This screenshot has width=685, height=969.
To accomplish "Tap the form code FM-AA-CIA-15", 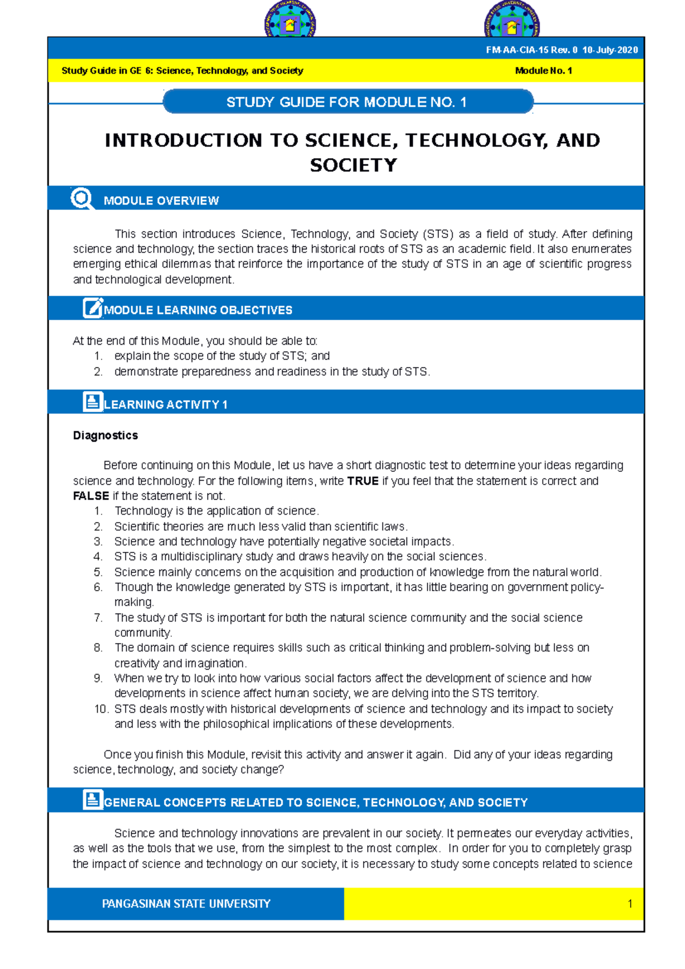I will (x=517, y=50).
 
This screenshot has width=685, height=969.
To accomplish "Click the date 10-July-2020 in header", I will (x=610, y=50).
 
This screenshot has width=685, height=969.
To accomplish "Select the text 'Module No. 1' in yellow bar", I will (x=543, y=71).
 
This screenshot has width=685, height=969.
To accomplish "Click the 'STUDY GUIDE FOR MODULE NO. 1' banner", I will (x=347, y=102).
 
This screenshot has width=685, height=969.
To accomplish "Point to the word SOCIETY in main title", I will (x=353, y=165).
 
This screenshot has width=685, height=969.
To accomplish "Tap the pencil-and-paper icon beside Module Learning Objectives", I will (x=93, y=308).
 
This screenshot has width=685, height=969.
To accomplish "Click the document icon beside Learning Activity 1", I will (x=92, y=402).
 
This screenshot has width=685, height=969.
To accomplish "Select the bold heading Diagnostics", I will (x=106, y=435).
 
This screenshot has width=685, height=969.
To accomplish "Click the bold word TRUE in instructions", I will (x=362, y=481).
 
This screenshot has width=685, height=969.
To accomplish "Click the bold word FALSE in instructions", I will (x=91, y=496).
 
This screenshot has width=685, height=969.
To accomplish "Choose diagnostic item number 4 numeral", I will (x=98, y=557).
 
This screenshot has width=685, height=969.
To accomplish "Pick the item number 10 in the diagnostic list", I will (x=101, y=709).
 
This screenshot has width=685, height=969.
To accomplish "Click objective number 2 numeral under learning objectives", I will (x=98, y=372).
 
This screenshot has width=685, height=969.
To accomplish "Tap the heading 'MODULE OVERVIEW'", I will (x=161, y=201).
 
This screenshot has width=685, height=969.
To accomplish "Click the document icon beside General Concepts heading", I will (x=92, y=800).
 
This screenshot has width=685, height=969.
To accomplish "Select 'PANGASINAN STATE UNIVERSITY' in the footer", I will (x=186, y=904).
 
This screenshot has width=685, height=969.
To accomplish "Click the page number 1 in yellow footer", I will (x=630, y=904).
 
